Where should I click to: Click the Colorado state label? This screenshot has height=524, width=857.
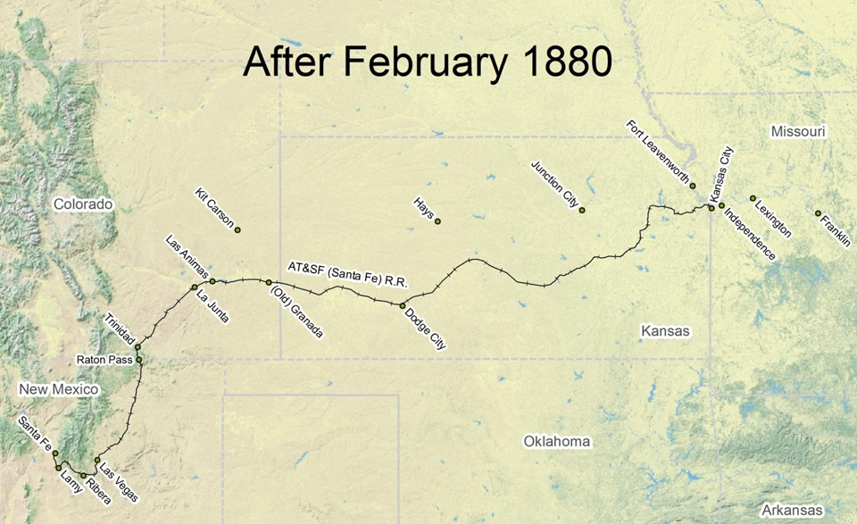click(x=83, y=204)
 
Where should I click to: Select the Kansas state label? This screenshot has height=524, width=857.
click(x=665, y=331)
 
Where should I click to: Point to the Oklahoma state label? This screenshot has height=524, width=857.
click(x=557, y=442)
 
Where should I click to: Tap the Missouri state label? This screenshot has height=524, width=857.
click(x=798, y=132)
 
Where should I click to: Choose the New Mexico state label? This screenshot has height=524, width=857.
click(x=58, y=390)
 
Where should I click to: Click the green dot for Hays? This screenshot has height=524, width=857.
click(x=437, y=221)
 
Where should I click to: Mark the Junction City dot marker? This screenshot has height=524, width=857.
click(x=582, y=210)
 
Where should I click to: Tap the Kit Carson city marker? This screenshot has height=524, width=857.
click(x=237, y=229)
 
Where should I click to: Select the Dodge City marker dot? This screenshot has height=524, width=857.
click(x=403, y=305)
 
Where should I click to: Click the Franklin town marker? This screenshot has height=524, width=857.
click(x=818, y=213)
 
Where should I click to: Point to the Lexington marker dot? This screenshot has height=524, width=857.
click(x=753, y=198)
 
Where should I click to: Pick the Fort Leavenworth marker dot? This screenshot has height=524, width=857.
click(x=693, y=186)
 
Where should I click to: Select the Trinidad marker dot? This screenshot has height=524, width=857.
click(x=138, y=347)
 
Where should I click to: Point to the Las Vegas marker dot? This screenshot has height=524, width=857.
click(x=97, y=461)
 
